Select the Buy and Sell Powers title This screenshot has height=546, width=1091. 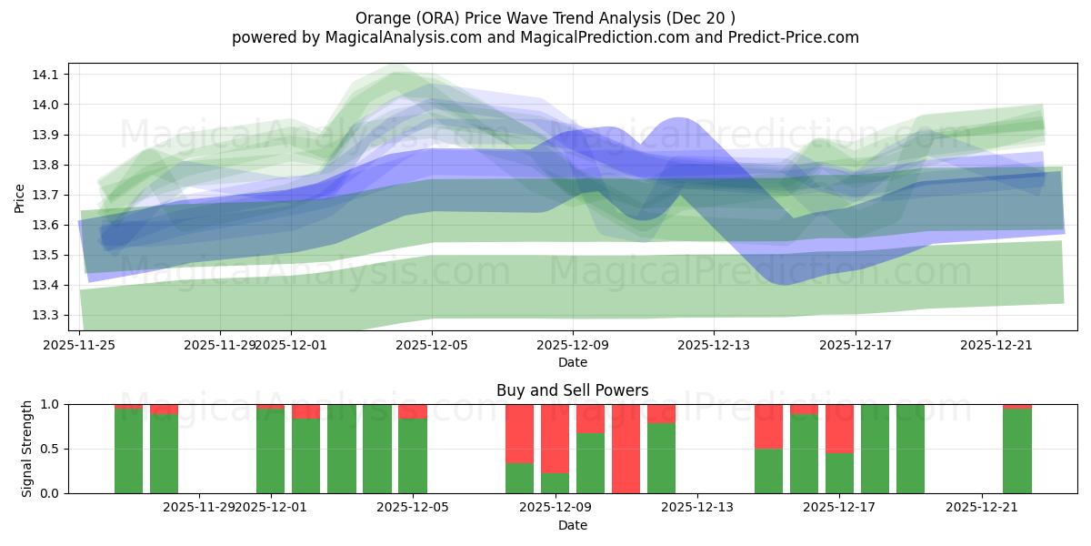(x=572, y=390)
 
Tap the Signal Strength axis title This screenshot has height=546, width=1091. (x=26, y=448)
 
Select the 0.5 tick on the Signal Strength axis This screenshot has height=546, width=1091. (x=50, y=449)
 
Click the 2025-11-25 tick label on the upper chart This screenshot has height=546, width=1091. (x=80, y=345)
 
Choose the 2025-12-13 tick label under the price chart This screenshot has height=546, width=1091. (x=714, y=345)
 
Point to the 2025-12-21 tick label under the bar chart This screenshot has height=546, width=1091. (x=982, y=508)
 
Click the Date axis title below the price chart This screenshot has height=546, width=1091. (x=572, y=362)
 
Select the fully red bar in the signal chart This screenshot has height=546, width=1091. (x=626, y=448)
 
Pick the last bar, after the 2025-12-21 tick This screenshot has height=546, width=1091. (x=1016, y=450)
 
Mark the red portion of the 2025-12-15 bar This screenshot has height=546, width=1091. (x=768, y=426)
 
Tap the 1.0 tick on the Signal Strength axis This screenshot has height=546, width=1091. (x=50, y=404)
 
